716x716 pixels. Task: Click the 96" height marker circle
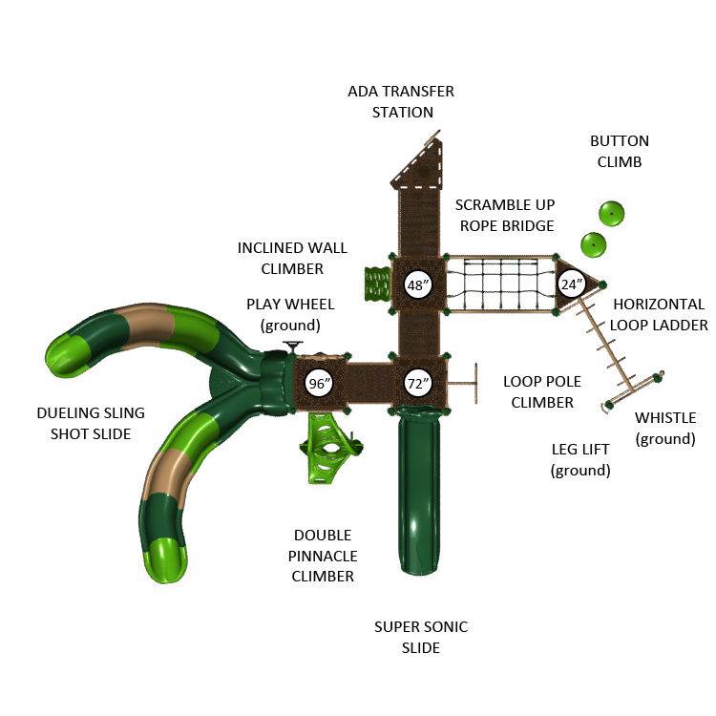point(319,383)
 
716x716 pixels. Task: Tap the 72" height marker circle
point(416,383)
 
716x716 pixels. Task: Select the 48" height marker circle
point(416,284)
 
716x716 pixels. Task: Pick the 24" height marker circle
point(570,284)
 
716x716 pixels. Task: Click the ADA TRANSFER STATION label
point(401,102)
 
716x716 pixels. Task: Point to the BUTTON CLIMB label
point(620,152)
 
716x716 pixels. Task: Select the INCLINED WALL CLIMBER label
point(280,259)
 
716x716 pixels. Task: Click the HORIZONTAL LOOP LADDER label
point(660,315)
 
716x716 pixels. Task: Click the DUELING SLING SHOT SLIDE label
point(91,424)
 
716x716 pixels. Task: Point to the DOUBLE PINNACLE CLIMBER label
point(323,556)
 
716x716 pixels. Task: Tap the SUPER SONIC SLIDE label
point(421,638)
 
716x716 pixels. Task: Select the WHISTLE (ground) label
point(665,429)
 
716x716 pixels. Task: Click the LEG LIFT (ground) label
point(580,459)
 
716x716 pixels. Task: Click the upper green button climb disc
point(611,213)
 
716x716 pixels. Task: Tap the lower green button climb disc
point(594,244)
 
